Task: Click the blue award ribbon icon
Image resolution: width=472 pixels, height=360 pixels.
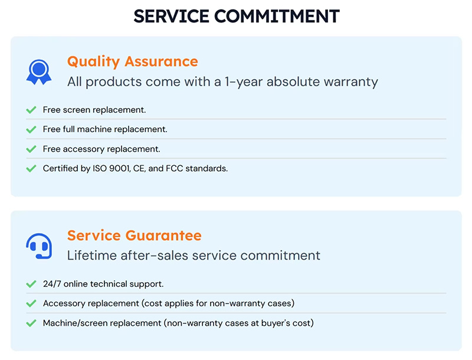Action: [39, 71]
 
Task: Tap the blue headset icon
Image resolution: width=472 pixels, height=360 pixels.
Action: [39, 246]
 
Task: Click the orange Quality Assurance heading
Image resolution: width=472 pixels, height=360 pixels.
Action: [132, 61]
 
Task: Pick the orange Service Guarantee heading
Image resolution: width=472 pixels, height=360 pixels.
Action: [134, 236]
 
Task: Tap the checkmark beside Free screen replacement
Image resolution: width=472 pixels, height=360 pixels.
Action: [31, 110]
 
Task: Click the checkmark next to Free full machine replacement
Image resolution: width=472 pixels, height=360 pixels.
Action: [31, 129]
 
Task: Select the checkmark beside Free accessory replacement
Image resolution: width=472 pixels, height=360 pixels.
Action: [31, 149]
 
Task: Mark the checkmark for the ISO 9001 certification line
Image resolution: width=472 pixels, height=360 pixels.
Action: [31, 169]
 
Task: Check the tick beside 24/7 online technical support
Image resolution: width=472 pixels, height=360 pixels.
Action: [31, 284]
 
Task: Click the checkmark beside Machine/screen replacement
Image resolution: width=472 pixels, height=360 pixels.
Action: [31, 323]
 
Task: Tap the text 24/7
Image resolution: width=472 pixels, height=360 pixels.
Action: [52, 284]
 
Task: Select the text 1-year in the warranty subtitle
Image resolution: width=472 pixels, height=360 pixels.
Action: [243, 81]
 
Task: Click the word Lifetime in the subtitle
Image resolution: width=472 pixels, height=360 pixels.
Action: [91, 256]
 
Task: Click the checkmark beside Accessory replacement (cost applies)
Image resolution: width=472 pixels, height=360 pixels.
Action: [31, 303]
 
